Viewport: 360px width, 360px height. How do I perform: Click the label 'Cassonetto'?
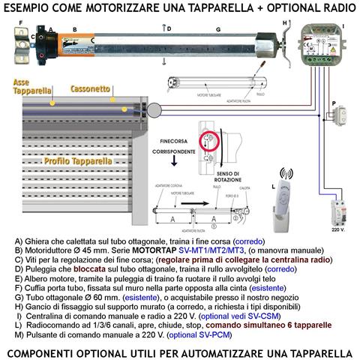[x=92, y=88]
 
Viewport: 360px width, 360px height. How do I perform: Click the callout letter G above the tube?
[x=217, y=28]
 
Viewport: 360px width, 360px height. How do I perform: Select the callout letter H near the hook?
[x=284, y=22]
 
